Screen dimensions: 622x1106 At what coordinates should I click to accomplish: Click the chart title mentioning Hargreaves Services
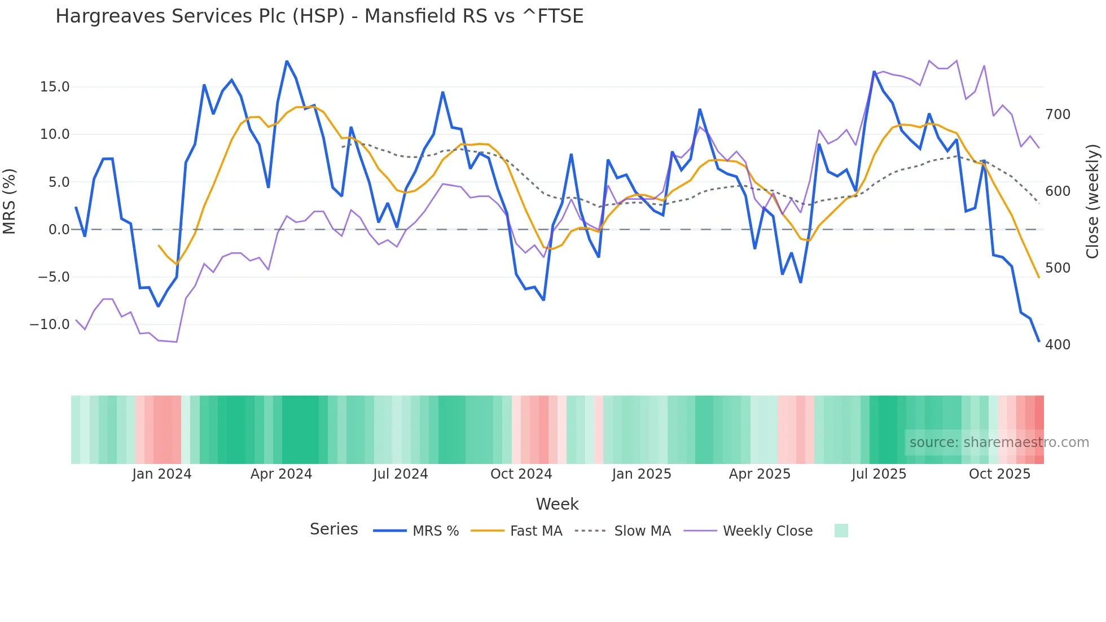tap(319, 16)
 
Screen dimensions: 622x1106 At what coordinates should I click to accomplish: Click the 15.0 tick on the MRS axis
tap(55, 87)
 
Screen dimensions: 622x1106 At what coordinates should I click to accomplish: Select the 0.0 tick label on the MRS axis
tap(59, 230)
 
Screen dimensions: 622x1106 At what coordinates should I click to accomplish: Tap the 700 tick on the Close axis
tap(1057, 115)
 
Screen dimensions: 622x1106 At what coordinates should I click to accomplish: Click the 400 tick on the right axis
tap(1057, 345)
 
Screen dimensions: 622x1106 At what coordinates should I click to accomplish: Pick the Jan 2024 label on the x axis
tap(162, 474)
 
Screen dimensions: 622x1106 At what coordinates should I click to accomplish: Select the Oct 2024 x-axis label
tap(521, 474)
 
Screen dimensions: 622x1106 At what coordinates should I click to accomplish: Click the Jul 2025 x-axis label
tap(879, 474)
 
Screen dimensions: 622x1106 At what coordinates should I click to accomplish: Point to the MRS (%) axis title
tap(10, 202)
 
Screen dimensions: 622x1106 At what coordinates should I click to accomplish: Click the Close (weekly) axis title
tap(1092, 202)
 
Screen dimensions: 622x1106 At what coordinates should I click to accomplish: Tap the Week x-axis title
tap(557, 504)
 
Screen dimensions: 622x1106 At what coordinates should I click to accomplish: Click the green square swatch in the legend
tap(841, 531)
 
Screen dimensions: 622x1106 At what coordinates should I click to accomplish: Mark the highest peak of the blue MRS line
tap(287, 62)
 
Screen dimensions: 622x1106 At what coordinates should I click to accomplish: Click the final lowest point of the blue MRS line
tap(1039, 341)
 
